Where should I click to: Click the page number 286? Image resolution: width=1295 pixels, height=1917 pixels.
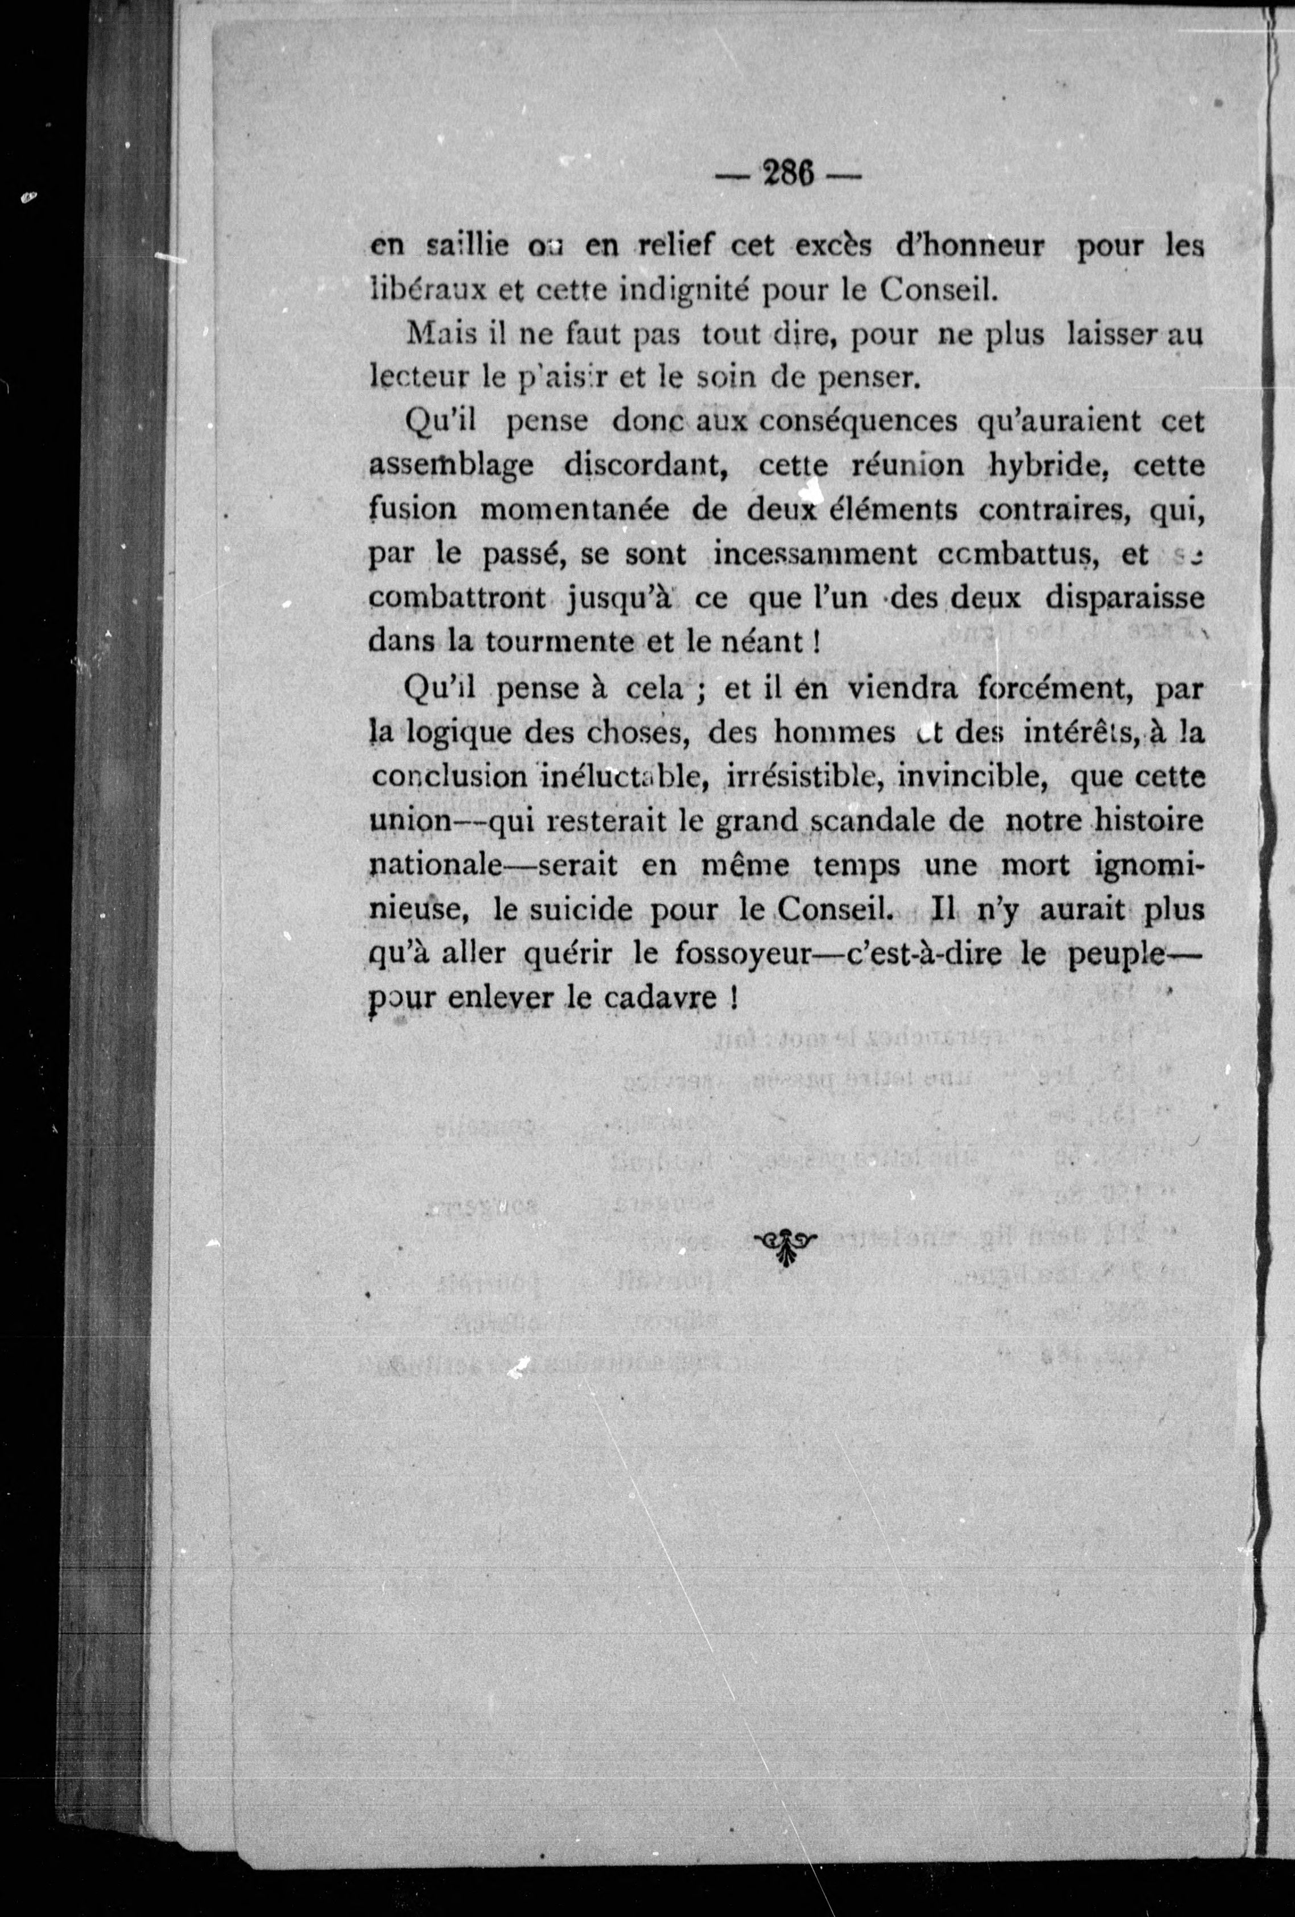787,175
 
